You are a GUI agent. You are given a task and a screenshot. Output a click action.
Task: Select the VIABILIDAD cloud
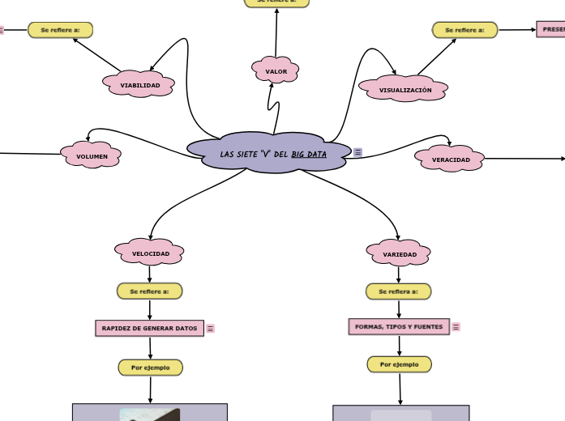(x=139, y=84)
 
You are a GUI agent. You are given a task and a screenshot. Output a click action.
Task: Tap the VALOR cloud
(x=276, y=71)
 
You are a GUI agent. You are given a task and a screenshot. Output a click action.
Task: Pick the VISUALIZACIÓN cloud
(x=404, y=89)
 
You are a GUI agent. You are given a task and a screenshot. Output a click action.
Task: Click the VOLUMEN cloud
(x=92, y=155)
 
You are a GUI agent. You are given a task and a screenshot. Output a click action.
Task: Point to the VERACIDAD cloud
(x=450, y=159)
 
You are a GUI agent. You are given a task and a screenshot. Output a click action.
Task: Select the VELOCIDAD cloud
(x=150, y=253)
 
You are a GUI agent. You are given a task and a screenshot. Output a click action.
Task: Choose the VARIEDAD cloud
(x=399, y=254)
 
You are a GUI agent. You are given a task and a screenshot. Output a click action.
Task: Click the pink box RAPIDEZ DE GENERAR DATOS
(x=149, y=328)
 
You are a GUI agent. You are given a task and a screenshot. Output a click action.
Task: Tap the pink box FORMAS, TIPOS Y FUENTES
(x=399, y=327)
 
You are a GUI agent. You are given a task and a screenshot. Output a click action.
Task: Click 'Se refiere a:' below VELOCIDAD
(x=150, y=291)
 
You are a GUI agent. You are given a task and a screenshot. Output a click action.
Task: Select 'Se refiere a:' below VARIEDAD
(x=399, y=291)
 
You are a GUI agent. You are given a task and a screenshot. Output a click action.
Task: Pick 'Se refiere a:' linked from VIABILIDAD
(x=61, y=30)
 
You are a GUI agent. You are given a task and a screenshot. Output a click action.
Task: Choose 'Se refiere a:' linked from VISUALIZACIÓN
(x=464, y=30)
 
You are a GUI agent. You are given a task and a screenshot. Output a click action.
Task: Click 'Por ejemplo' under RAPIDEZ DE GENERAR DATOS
(x=151, y=368)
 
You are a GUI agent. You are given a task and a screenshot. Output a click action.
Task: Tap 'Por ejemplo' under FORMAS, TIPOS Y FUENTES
(x=400, y=364)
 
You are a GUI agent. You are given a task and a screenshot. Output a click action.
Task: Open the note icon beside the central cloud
(x=358, y=152)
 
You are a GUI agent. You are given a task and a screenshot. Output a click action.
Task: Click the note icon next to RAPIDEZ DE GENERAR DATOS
(x=211, y=329)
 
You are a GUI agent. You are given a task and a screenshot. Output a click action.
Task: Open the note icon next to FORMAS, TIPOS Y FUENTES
(x=456, y=327)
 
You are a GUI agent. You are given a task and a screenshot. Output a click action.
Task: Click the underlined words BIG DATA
(x=309, y=154)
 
